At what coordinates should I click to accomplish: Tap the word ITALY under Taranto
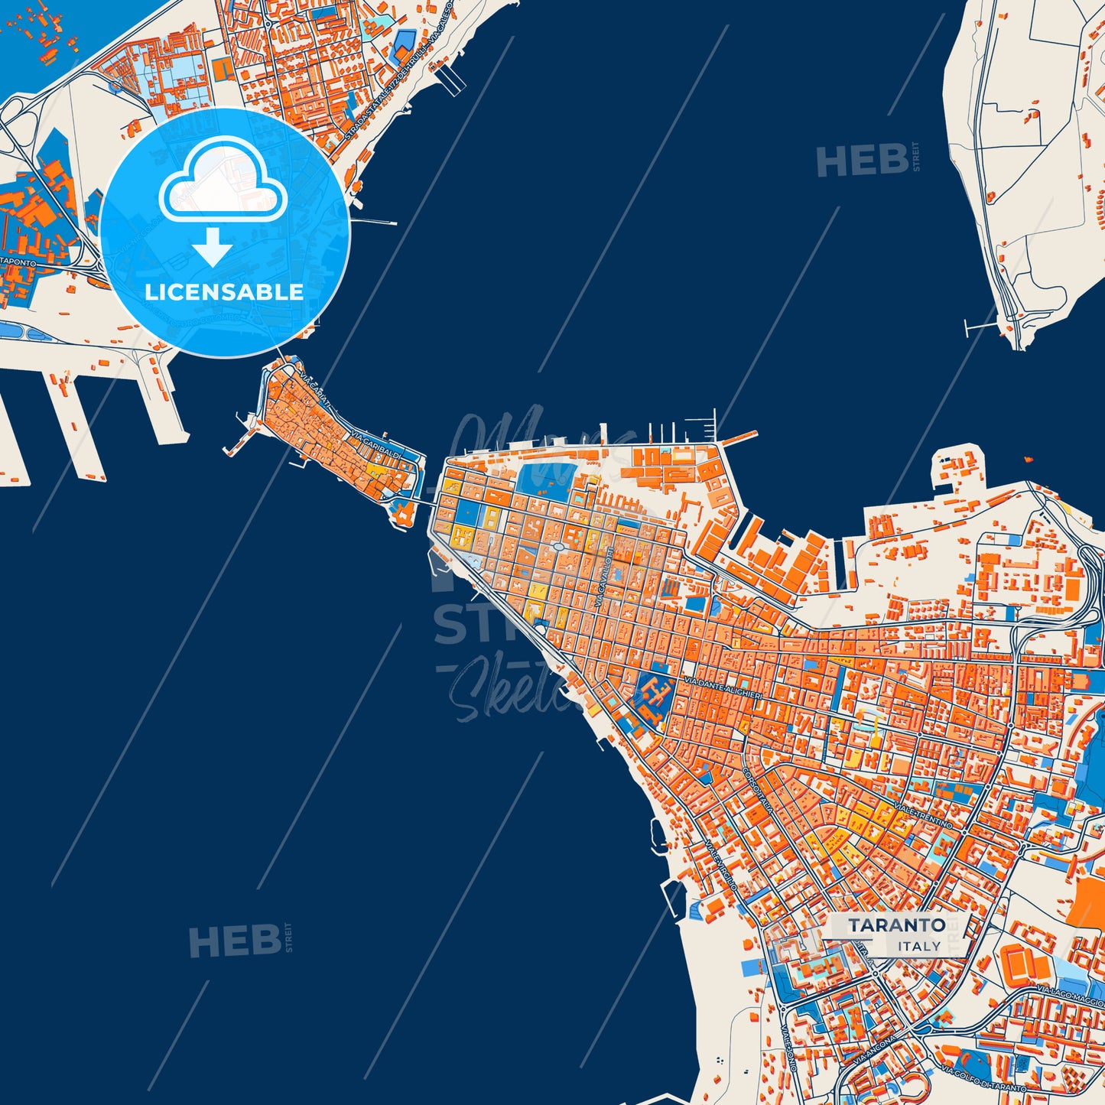(919, 946)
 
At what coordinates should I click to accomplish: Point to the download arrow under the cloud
(213, 246)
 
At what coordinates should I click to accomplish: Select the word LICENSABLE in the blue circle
(224, 292)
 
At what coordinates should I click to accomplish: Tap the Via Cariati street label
(317, 391)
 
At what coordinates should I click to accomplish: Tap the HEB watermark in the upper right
(863, 161)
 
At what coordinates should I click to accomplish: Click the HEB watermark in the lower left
(235, 941)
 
